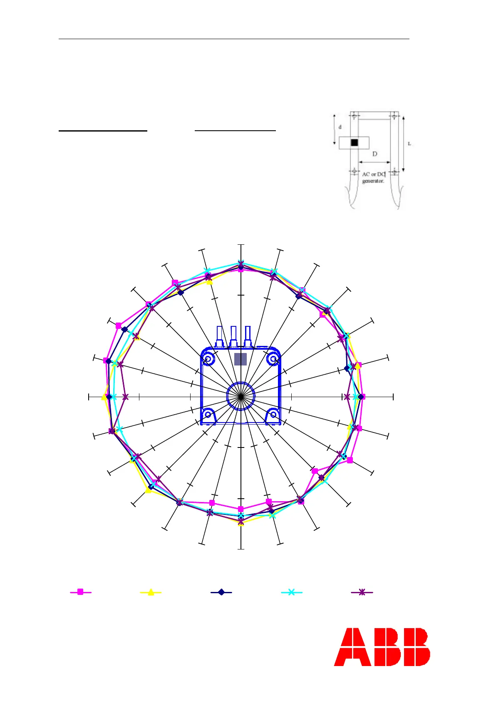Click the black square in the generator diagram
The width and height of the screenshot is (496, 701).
coord(355,142)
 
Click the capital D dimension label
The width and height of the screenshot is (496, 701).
coord(374,154)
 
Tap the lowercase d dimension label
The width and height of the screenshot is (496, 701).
coord(340,127)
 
